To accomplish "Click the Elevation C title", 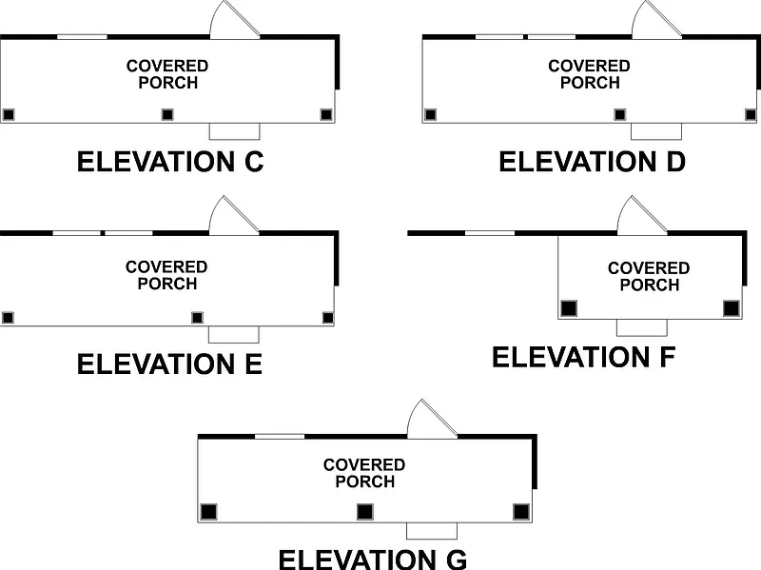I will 169,162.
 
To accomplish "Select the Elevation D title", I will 592,162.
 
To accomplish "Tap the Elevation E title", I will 169,364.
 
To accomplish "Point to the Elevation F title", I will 584,358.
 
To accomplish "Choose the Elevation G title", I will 372,558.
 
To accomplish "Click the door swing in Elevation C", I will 232,21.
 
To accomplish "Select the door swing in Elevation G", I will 429,421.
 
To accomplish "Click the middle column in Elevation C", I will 167,114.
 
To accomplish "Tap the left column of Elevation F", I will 568,308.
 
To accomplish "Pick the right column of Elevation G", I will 520,512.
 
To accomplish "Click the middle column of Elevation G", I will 364,512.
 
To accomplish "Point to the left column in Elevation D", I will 430,114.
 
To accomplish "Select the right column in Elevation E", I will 328,317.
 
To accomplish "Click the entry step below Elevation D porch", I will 656,131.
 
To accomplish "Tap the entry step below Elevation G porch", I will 432,530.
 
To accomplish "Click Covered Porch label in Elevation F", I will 649,277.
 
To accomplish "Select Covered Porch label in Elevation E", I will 166,275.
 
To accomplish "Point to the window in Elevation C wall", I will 82,36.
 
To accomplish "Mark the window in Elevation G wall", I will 280,436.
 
